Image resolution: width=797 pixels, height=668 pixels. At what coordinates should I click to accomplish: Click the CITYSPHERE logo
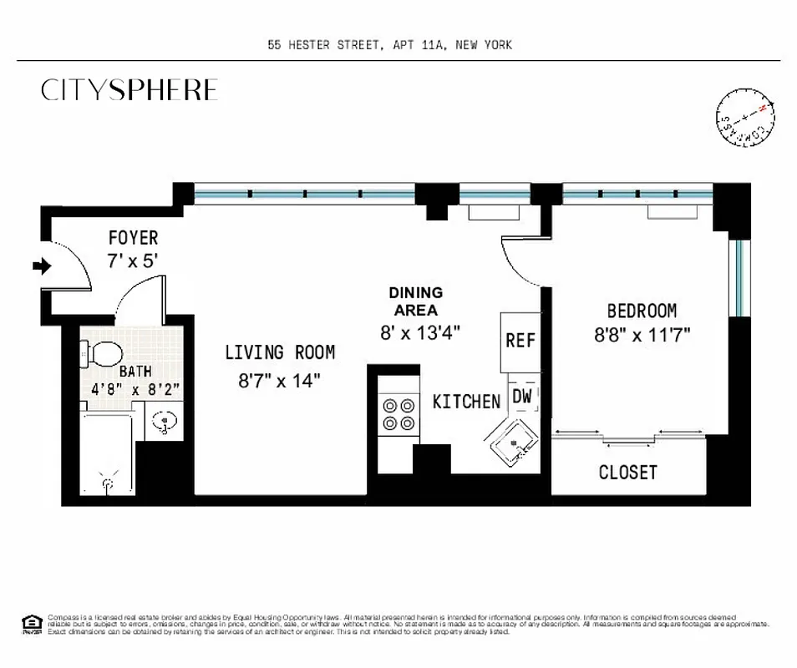[x=129, y=90]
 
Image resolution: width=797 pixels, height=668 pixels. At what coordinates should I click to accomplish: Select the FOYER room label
[x=132, y=239]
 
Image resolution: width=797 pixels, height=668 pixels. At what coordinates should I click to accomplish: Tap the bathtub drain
[x=107, y=481]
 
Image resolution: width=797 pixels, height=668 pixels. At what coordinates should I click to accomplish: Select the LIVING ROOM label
[x=279, y=352]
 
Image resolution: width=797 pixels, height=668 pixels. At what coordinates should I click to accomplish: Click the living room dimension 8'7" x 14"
[x=279, y=381]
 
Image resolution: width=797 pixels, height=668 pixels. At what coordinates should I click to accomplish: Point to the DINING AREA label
[x=415, y=301]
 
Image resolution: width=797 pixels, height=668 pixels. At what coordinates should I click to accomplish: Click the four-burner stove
[x=398, y=413]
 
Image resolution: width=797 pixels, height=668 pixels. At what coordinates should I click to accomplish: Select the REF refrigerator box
[x=520, y=341]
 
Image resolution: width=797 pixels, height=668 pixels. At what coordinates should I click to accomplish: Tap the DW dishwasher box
[x=522, y=396]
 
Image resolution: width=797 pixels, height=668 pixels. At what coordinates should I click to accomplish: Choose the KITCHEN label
[x=466, y=402]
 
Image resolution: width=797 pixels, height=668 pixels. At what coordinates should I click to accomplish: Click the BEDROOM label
[x=641, y=311]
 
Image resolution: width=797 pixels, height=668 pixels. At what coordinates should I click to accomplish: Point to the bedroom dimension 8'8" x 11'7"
[x=641, y=336]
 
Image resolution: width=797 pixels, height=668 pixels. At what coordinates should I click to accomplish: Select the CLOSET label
[x=627, y=473]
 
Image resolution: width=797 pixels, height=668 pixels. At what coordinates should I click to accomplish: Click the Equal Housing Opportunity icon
[x=31, y=622]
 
